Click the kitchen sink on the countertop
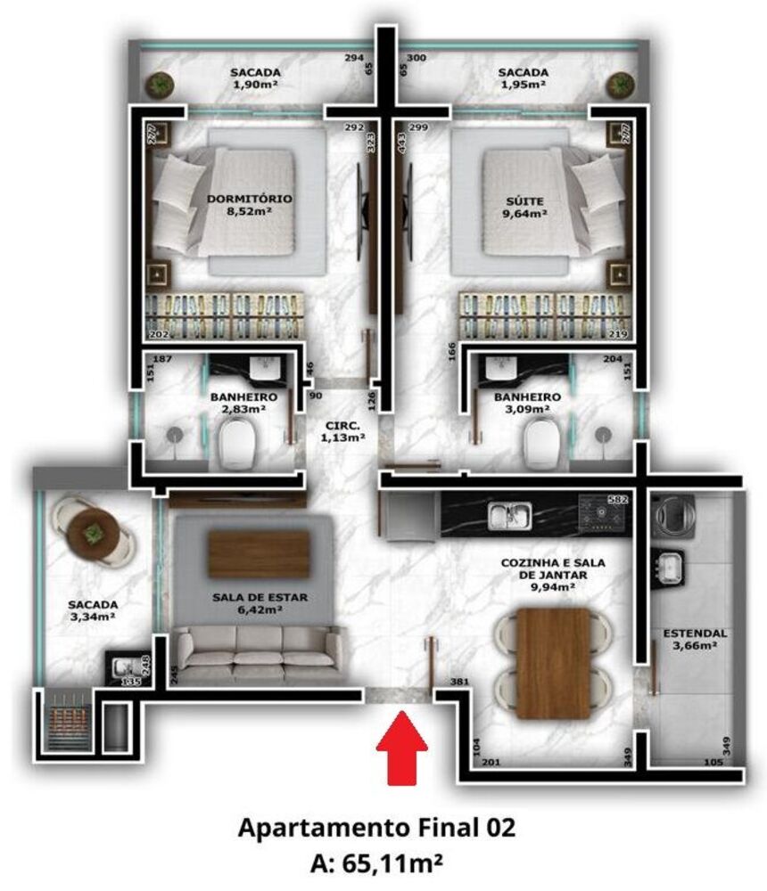click(x=509, y=514)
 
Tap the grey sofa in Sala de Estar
click(x=258, y=650)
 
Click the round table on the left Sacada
click(x=92, y=532)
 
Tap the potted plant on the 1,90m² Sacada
click(x=161, y=85)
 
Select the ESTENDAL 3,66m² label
click(x=695, y=640)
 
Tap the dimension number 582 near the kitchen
click(x=619, y=500)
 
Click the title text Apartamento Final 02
click(x=376, y=828)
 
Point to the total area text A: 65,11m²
click(x=376, y=862)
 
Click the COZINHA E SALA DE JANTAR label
click(x=546, y=576)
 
